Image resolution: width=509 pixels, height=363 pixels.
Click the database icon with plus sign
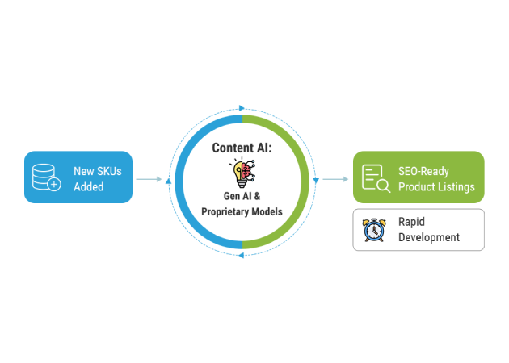(46, 177)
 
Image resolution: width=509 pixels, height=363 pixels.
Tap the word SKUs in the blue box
(109, 171)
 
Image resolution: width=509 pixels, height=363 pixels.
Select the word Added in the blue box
(89, 186)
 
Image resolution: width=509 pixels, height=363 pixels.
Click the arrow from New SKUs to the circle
(149, 179)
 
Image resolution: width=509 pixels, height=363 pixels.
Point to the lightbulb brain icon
(242, 173)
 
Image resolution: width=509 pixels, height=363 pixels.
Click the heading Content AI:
(242, 148)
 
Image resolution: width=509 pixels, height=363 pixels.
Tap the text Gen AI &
(242, 196)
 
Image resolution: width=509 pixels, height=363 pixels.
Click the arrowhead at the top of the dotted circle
(242, 108)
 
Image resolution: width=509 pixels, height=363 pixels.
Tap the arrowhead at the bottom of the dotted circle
(242, 256)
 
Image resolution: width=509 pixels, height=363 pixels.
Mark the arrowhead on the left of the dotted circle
(168, 181)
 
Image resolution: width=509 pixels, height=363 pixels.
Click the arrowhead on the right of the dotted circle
(316, 181)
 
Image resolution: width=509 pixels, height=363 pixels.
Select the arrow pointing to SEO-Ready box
(335, 179)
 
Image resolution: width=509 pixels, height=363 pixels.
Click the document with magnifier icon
(376, 178)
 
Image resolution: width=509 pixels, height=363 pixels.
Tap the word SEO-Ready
(423, 171)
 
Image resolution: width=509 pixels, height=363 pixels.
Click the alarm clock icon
(374, 230)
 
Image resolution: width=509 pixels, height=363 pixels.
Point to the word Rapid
(411, 222)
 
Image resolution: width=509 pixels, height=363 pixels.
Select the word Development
(429, 238)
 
